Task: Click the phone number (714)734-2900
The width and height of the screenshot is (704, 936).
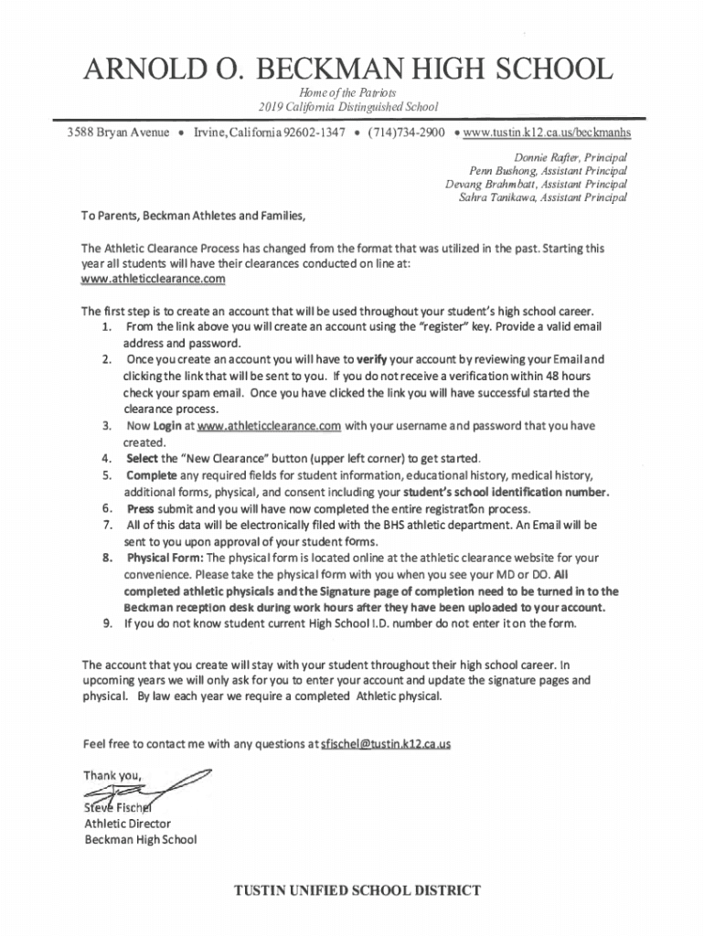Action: pos(407,133)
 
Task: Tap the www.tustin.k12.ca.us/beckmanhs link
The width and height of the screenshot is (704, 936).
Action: pos(547,133)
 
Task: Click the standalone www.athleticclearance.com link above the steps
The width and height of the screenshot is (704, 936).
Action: pos(153,278)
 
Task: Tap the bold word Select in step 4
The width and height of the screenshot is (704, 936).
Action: pos(143,459)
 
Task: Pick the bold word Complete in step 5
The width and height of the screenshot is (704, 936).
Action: pos(151,475)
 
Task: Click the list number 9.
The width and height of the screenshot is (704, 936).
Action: pos(107,624)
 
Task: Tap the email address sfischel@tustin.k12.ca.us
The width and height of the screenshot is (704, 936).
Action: pos(385,744)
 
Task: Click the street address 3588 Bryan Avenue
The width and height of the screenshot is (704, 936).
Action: pos(118,133)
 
